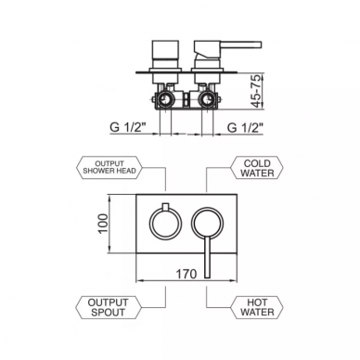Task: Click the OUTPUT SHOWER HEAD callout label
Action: point(109,167)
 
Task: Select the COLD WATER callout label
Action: point(257,168)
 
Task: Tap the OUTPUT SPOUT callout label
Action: point(109,307)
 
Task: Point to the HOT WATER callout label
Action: point(257,307)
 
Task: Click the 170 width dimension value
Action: point(186,274)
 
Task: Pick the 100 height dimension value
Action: point(104,224)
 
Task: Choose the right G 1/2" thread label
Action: point(245,127)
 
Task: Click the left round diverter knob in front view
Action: point(150,224)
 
